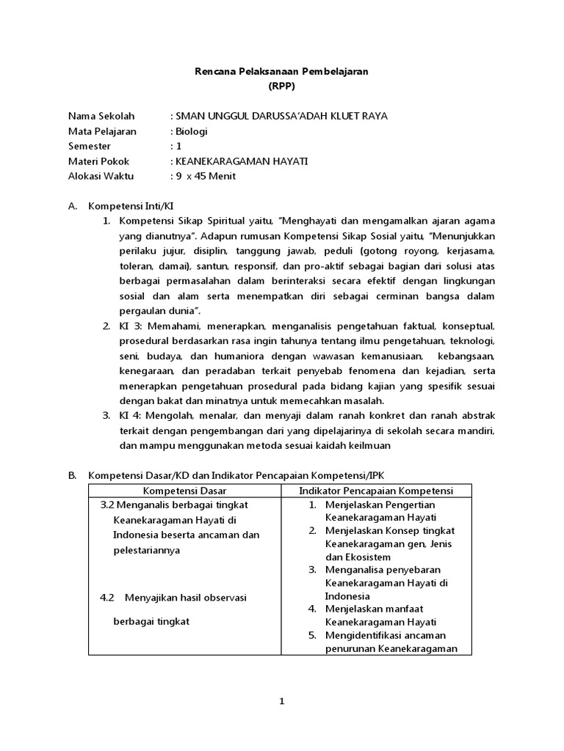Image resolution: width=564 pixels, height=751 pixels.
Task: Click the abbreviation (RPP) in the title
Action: [281, 85]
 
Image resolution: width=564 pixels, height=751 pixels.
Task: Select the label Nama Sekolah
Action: [97, 116]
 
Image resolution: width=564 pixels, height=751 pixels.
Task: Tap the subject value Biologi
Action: [191, 131]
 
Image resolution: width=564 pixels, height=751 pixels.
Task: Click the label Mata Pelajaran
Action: [100, 131]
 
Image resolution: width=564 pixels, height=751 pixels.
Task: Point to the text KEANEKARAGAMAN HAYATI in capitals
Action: [242, 161]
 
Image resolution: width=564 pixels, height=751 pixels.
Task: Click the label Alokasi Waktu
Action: [99, 176]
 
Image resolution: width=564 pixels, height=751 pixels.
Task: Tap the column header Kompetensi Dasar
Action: [184, 490]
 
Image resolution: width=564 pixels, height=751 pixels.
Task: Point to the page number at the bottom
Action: [281, 702]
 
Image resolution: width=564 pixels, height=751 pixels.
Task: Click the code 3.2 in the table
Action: [107, 505]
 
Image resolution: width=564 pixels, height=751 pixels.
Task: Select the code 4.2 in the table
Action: [107, 597]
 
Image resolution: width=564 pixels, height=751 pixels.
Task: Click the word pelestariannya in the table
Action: [147, 549]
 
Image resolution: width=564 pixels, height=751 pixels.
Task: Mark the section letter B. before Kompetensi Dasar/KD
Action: [73, 475]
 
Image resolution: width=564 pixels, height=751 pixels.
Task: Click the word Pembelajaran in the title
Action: [335, 70]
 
